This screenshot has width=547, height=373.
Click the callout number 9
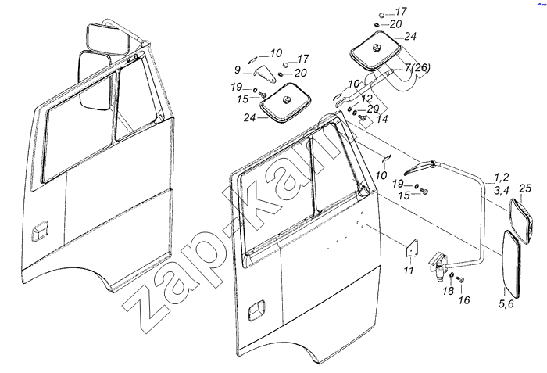tap(238, 70)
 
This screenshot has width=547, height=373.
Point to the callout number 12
tap(366, 99)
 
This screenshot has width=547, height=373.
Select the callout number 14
tap(382, 120)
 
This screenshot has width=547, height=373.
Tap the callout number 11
tap(409, 271)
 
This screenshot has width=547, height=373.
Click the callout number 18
tap(449, 291)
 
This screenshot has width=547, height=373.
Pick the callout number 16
tap(464, 300)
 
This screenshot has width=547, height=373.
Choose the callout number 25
tap(525, 188)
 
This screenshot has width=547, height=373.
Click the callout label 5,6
tap(506, 304)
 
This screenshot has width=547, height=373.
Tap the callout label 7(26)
tap(417, 67)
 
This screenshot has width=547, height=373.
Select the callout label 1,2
tap(502, 178)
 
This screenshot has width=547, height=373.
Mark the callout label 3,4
tap(502, 191)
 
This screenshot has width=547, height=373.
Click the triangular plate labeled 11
tap(412, 249)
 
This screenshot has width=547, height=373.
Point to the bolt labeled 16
tap(460, 279)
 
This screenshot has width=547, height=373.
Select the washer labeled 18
tap(452, 275)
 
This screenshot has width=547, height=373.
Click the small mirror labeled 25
tap(521, 220)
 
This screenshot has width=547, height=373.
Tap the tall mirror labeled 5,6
tap(512, 264)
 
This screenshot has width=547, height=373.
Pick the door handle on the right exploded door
tap(256, 310)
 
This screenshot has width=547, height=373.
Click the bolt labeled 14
tap(363, 118)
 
